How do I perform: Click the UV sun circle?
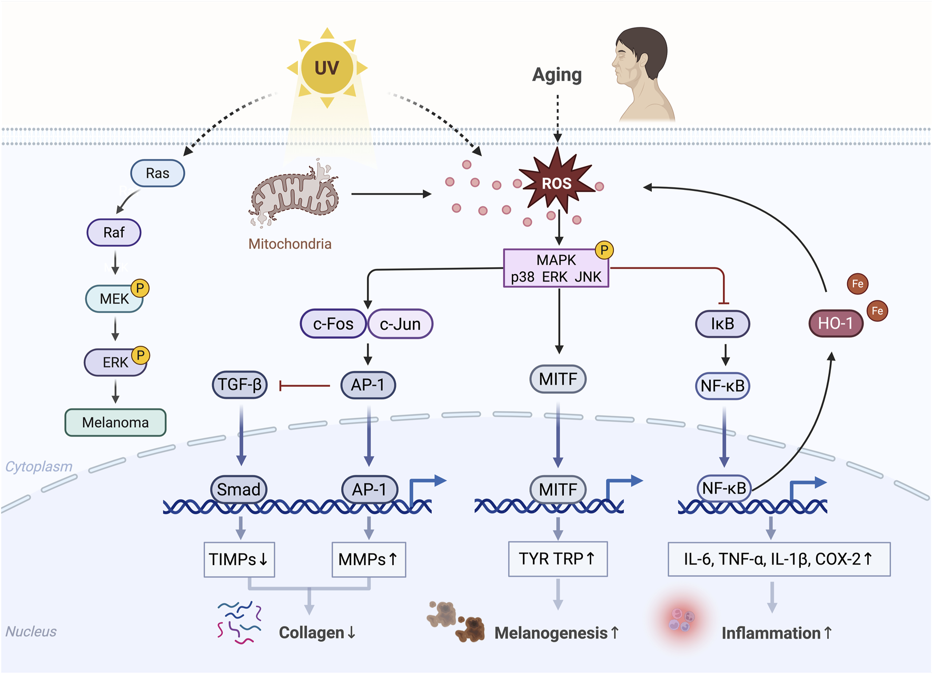pos(326,68)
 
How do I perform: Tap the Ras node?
pos(157,174)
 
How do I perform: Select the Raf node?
pos(114,233)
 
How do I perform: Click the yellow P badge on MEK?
pos(140,288)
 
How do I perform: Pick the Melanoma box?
pos(115,422)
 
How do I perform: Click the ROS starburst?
pos(557,183)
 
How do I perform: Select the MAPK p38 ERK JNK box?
pos(556,268)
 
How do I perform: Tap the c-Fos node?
pos(333,324)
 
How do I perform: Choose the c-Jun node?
pos(400,324)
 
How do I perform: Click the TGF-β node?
pos(240,385)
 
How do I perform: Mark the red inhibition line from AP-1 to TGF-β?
pos(304,386)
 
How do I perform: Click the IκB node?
pos(722,324)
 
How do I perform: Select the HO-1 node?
pos(836,323)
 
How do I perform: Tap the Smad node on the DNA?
pos(239,489)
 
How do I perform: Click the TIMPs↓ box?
pos(239,559)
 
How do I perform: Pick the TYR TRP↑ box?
pos(558,559)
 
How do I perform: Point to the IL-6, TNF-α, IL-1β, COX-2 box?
pos(779,559)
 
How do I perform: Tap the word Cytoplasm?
pos(38,467)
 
